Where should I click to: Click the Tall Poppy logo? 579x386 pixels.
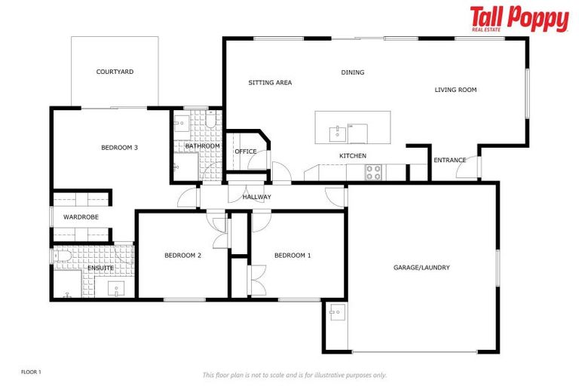(x=519, y=19)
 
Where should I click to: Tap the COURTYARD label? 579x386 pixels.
(x=115, y=72)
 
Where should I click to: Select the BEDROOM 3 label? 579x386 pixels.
(x=119, y=148)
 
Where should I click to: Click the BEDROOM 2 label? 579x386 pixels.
(x=182, y=256)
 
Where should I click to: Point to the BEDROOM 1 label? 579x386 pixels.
(x=293, y=256)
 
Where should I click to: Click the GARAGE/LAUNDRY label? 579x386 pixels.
(x=421, y=268)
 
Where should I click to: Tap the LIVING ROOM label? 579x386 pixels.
(x=455, y=90)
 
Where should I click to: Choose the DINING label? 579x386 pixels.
(x=353, y=73)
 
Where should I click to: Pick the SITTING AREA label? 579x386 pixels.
(x=270, y=83)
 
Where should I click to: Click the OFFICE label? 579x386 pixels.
(x=246, y=152)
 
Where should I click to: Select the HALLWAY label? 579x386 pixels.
(x=256, y=198)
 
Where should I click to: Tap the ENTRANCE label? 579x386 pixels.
(x=449, y=161)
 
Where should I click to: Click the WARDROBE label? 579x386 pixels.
(x=81, y=217)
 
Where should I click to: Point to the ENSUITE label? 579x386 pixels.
(x=100, y=268)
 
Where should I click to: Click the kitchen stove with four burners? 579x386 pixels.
(x=373, y=173)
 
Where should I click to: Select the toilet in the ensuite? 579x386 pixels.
(x=63, y=257)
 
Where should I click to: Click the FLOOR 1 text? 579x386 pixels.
(x=31, y=372)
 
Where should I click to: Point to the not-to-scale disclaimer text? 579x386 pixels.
(x=294, y=375)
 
